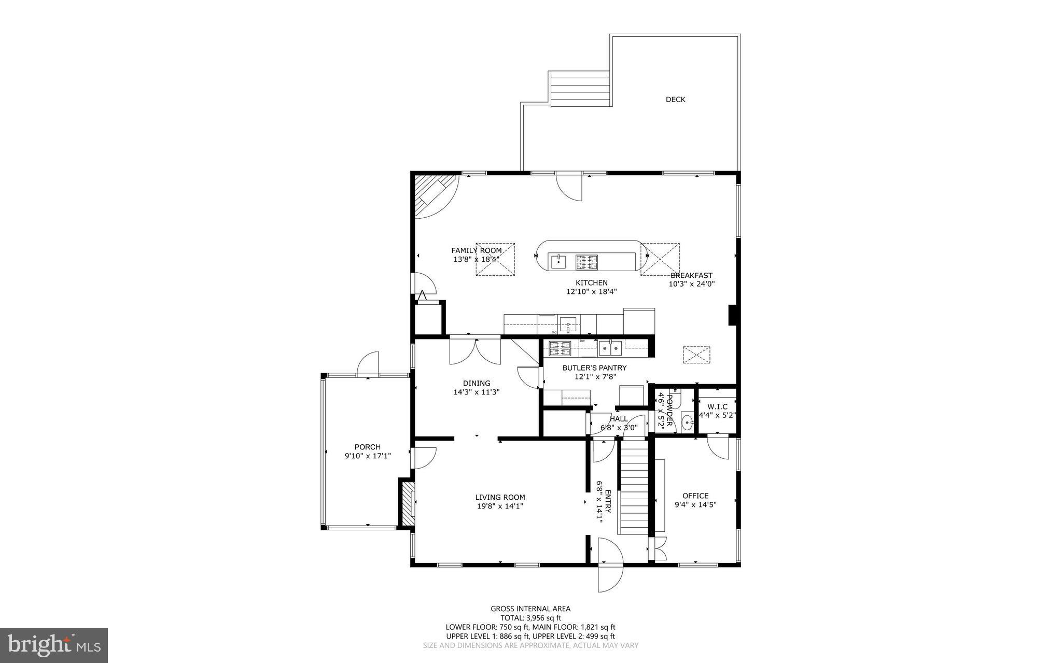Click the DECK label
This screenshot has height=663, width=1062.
[675, 100]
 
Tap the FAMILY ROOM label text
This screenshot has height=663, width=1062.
[476, 250]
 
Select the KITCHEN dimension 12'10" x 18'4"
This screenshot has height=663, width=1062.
[591, 292]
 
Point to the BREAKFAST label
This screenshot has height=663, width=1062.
[691, 276]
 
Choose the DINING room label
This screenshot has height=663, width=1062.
[477, 384]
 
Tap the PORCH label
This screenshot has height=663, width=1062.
[367, 447]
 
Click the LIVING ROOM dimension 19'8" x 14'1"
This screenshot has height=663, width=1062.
[500, 506]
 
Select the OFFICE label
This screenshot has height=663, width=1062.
[695, 496]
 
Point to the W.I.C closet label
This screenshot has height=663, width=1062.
[717, 406]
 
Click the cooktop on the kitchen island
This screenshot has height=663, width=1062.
[586, 262]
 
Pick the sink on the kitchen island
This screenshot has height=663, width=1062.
[558, 262]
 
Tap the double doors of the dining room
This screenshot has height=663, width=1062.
[475, 350]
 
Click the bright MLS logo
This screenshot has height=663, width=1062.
[54, 645]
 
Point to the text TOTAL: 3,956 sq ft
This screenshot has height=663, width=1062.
[530, 618]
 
